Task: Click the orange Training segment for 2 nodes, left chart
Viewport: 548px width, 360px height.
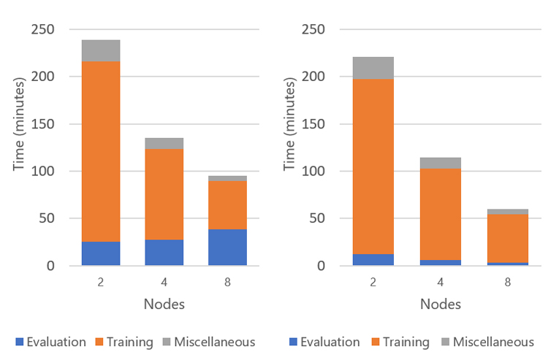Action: (x=101, y=151)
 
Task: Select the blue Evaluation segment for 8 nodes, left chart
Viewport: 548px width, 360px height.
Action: (x=227, y=248)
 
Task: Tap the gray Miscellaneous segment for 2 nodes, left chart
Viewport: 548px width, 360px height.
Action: (x=101, y=50)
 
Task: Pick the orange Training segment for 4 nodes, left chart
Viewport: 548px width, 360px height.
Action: (x=164, y=194)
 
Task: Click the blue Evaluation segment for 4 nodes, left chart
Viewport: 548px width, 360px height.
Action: (x=164, y=253)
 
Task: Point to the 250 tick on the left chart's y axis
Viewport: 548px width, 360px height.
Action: (x=43, y=29)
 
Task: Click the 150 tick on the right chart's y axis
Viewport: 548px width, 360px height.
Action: (x=316, y=124)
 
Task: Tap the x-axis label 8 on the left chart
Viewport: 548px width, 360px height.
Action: (x=227, y=280)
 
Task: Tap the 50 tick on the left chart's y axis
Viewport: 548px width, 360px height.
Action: (x=47, y=218)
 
